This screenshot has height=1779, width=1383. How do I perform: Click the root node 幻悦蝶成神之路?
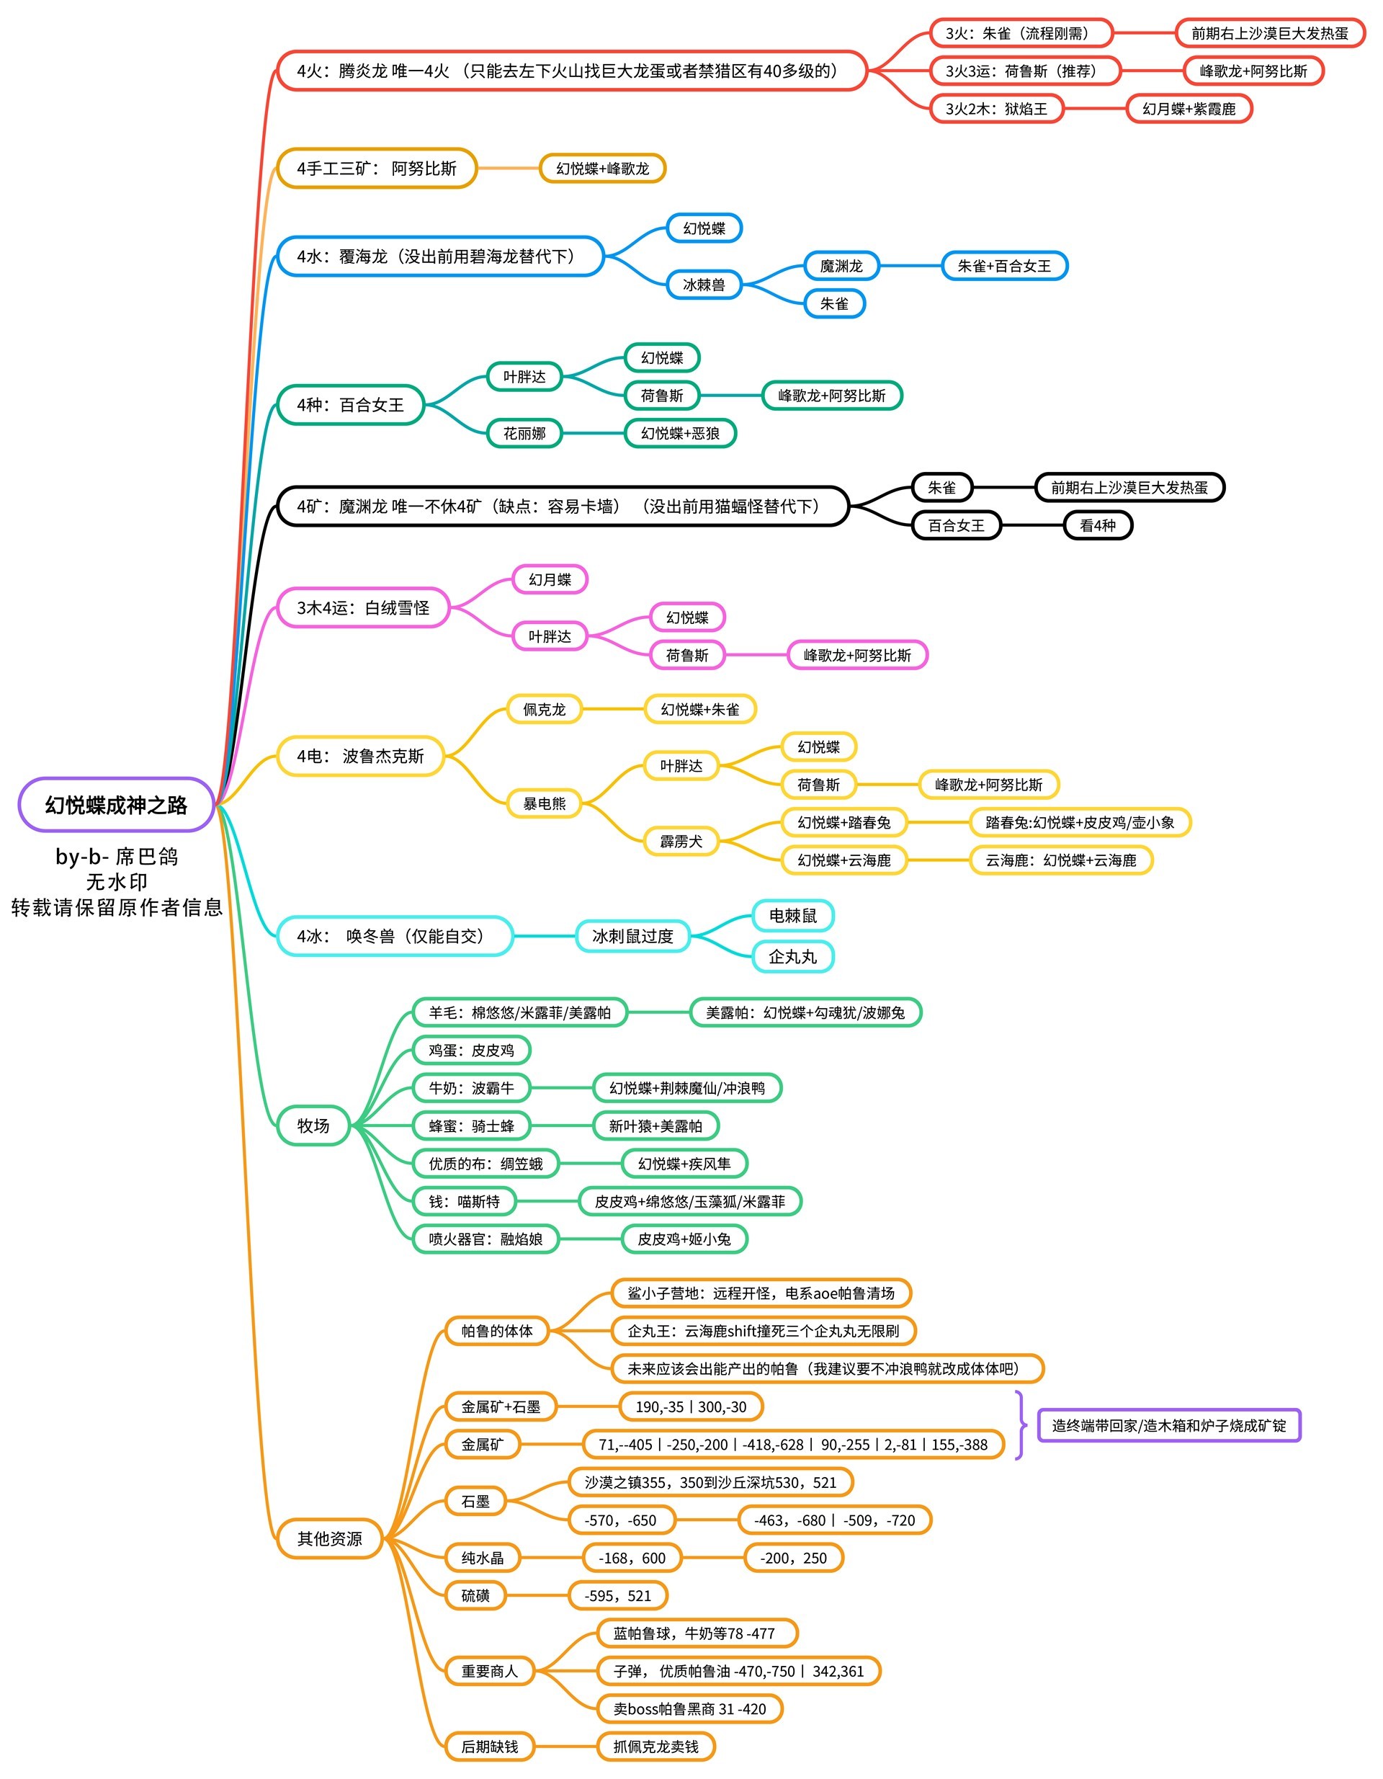pyautogui.click(x=116, y=805)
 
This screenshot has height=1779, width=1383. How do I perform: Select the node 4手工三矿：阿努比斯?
pyautogui.click(x=376, y=169)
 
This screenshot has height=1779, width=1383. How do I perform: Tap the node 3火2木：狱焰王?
pyautogui.click(x=996, y=108)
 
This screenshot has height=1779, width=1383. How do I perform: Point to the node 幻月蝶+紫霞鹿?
pyautogui.click(x=1189, y=108)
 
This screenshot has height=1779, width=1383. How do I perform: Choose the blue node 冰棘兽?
pyautogui.click(x=704, y=285)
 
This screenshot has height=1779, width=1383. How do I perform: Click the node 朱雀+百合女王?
pyautogui.click(x=1003, y=266)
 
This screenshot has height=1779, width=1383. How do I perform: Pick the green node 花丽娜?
pyautogui.click(x=524, y=433)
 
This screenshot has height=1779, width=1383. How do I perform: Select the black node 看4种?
pyautogui.click(x=1097, y=525)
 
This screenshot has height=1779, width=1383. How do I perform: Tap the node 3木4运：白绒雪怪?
pyautogui.click(x=362, y=607)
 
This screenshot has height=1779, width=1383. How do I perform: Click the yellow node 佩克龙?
pyautogui.click(x=544, y=710)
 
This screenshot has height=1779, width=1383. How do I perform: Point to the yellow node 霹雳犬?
pyautogui.click(x=681, y=841)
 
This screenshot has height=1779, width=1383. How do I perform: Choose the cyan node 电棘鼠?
pyautogui.click(x=792, y=916)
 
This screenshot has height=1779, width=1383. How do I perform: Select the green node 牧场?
pyautogui.click(x=313, y=1125)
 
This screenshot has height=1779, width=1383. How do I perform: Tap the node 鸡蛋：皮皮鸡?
pyautogui.click(x=471, y=1050)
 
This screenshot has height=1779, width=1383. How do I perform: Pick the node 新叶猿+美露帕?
pyautogui.click(x=655, y=1125)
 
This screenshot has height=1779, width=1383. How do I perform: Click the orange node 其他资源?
pyautogui.click(x=329, y=1539)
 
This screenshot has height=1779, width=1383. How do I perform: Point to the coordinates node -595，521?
pyautogui.click(x=617, y=1596)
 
